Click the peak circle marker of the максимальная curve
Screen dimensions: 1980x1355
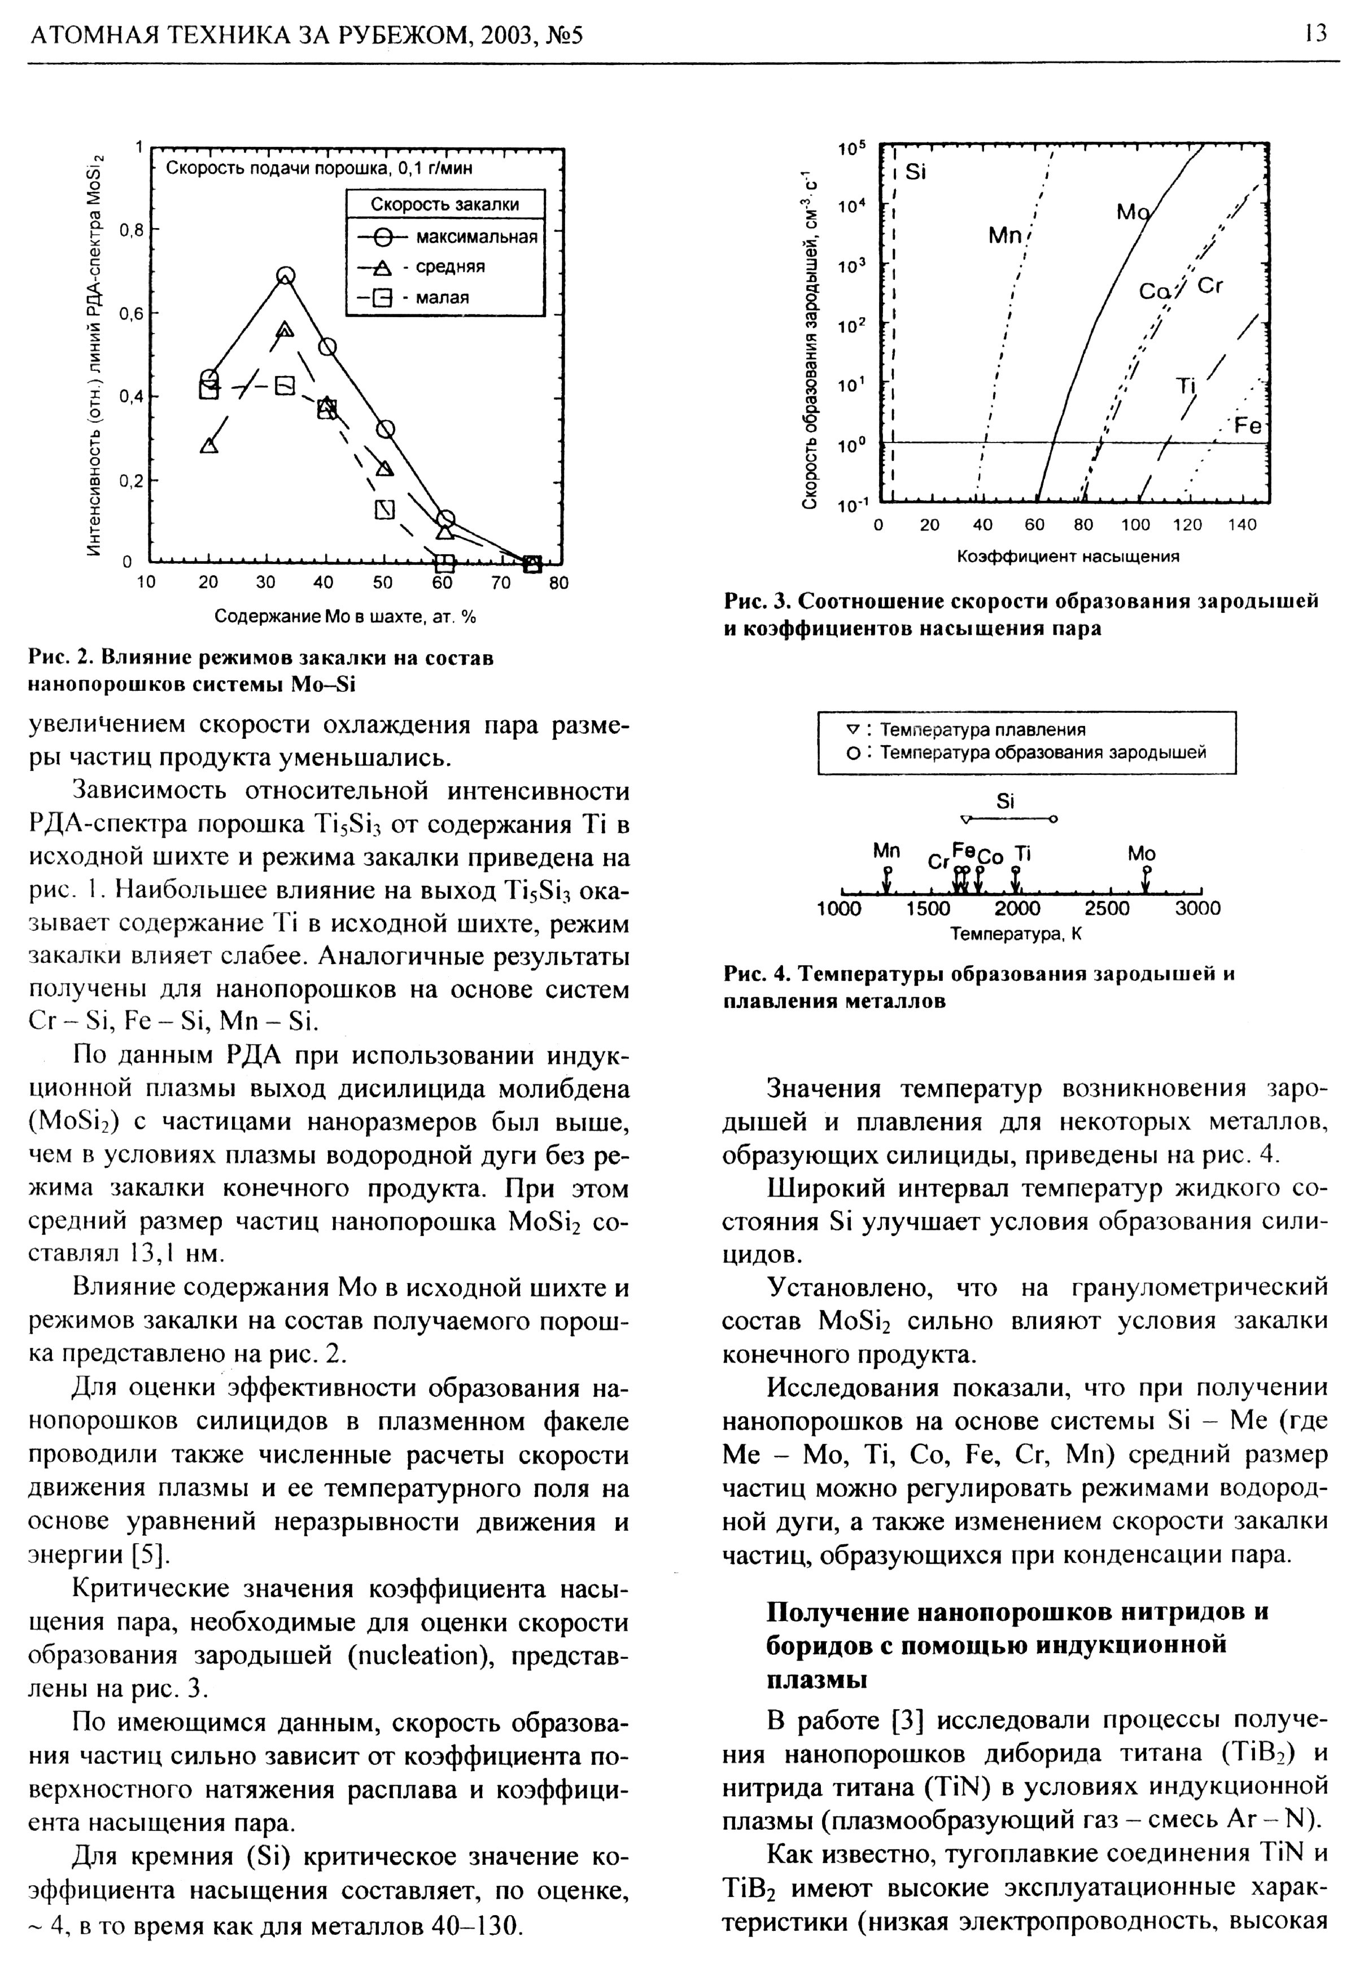pyautogui.click(x=286, y=275)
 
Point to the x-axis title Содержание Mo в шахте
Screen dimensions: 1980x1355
pyautogui.click(x=344, y=616)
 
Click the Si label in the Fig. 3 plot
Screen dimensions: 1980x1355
pyautogui.click(x=915, y=172)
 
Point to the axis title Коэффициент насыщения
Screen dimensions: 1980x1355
pyautogui.click(x=1068, y=557)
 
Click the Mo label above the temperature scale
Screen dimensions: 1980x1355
pyautogui.click(x=1141, y=853)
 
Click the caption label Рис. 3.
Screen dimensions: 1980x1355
pyautogui.click(x=748, y=602)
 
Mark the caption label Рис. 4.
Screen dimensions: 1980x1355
pyautogui.click(x=748, y=973)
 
